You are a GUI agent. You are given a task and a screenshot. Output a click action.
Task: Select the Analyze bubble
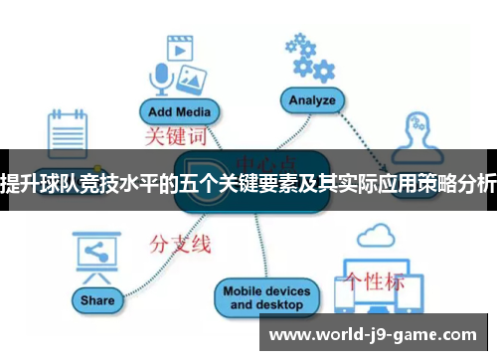(310, 100)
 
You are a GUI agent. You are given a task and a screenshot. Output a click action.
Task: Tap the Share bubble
(98, 300)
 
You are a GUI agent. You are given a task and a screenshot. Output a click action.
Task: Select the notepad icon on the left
(69, 131)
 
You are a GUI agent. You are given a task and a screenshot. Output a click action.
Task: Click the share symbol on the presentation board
(96, 252)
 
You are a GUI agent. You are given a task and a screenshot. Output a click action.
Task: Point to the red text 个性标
(375, 280)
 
